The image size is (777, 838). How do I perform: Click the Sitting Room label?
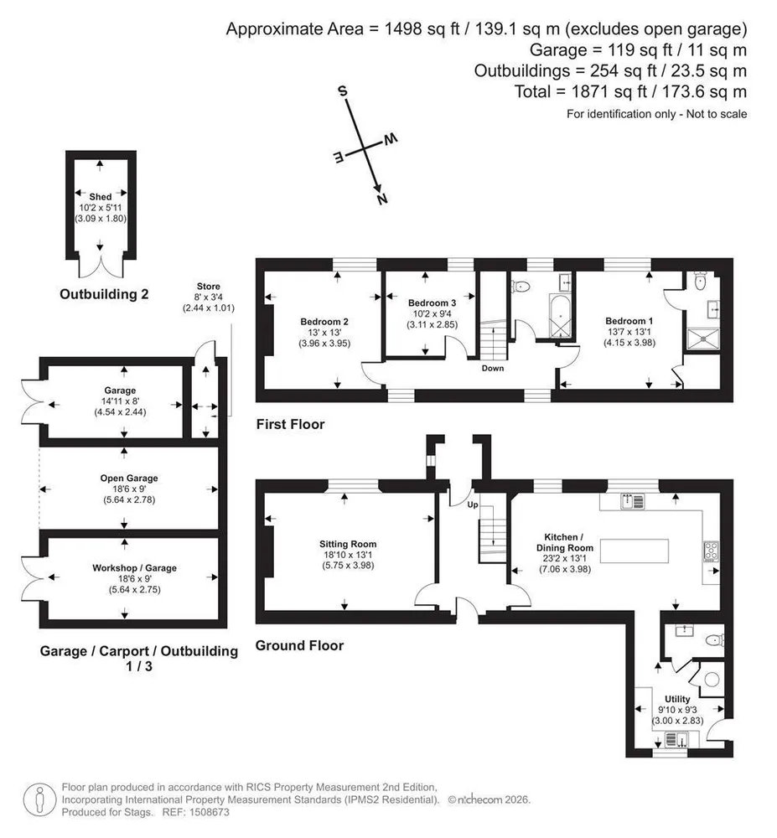(x=348, y=544)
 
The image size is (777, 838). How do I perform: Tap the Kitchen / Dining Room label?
(x=565, y=542)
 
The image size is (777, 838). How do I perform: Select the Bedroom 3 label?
(x=432, y=303)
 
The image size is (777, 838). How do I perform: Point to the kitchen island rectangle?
(x=635, y=551)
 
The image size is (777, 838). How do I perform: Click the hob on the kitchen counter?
(x=712, y=551)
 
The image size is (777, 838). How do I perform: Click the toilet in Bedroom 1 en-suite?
(x=700, y=282)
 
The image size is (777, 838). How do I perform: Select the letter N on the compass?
(x=382, y=199)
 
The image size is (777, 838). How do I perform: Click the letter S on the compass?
(x=343, y=91)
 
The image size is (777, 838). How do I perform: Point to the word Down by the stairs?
(x=493, y=368)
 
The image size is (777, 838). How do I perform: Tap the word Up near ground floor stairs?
(x=473, y=504)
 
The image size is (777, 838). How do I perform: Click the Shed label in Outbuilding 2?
(x=101, y=197)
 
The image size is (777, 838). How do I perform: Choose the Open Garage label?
(x=129, y=478)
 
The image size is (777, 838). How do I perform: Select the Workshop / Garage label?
(x=135, y=568)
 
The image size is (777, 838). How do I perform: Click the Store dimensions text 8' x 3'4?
(x=209, y=297)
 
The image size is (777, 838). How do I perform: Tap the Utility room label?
(x=677, y=699)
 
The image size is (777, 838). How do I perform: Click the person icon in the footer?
(x=40, y=799)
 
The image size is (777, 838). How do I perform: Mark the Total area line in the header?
(x=630, y=92)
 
